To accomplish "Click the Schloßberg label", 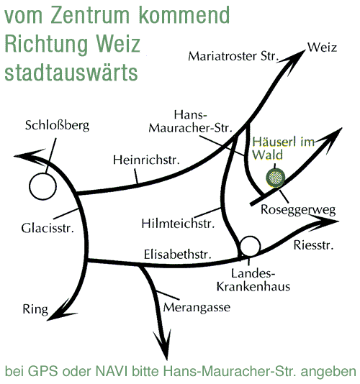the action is point(57,126).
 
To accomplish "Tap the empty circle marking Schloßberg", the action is point(42,173).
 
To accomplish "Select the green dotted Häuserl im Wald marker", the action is point(276,178).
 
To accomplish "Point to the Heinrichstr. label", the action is point(146,160).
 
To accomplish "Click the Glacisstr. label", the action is point(48,228).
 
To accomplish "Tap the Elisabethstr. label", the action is point(178,255).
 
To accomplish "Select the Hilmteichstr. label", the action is point(178,224).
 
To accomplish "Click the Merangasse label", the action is point(197,308).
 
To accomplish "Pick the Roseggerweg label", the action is point(298,210).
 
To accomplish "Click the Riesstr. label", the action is point(313,245).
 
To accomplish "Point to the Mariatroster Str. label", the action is point(233,56).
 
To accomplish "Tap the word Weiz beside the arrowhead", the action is point(322,47).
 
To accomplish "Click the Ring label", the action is point(35,309).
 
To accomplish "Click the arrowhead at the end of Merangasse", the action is point(163,344).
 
